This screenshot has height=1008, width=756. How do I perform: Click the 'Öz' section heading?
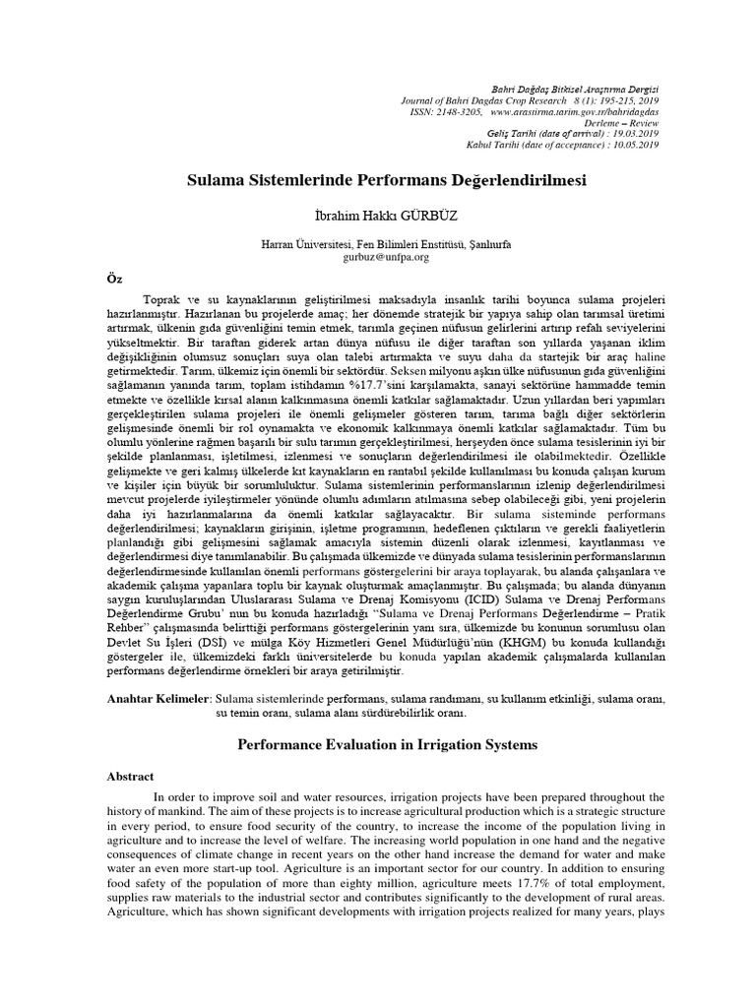pyautogui.click(x=113, y=278)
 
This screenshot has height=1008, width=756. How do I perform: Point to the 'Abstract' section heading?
pyautogui.click(x=131, y=776)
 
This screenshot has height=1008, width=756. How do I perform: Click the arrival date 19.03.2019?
pyautogui.click(x=635, y=135)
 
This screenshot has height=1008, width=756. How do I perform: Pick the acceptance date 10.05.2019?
pyautogui.click(x=635, y=146)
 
